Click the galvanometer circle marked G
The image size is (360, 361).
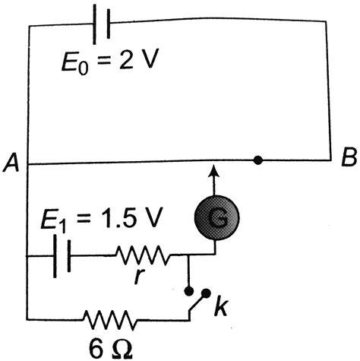point(216,220)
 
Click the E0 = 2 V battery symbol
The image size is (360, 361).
point(100,24)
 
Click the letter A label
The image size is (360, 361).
point(11,160)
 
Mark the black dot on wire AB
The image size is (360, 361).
point(259,160)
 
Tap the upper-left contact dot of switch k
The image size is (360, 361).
point(188,290)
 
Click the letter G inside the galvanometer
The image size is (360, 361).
point(216,220)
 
